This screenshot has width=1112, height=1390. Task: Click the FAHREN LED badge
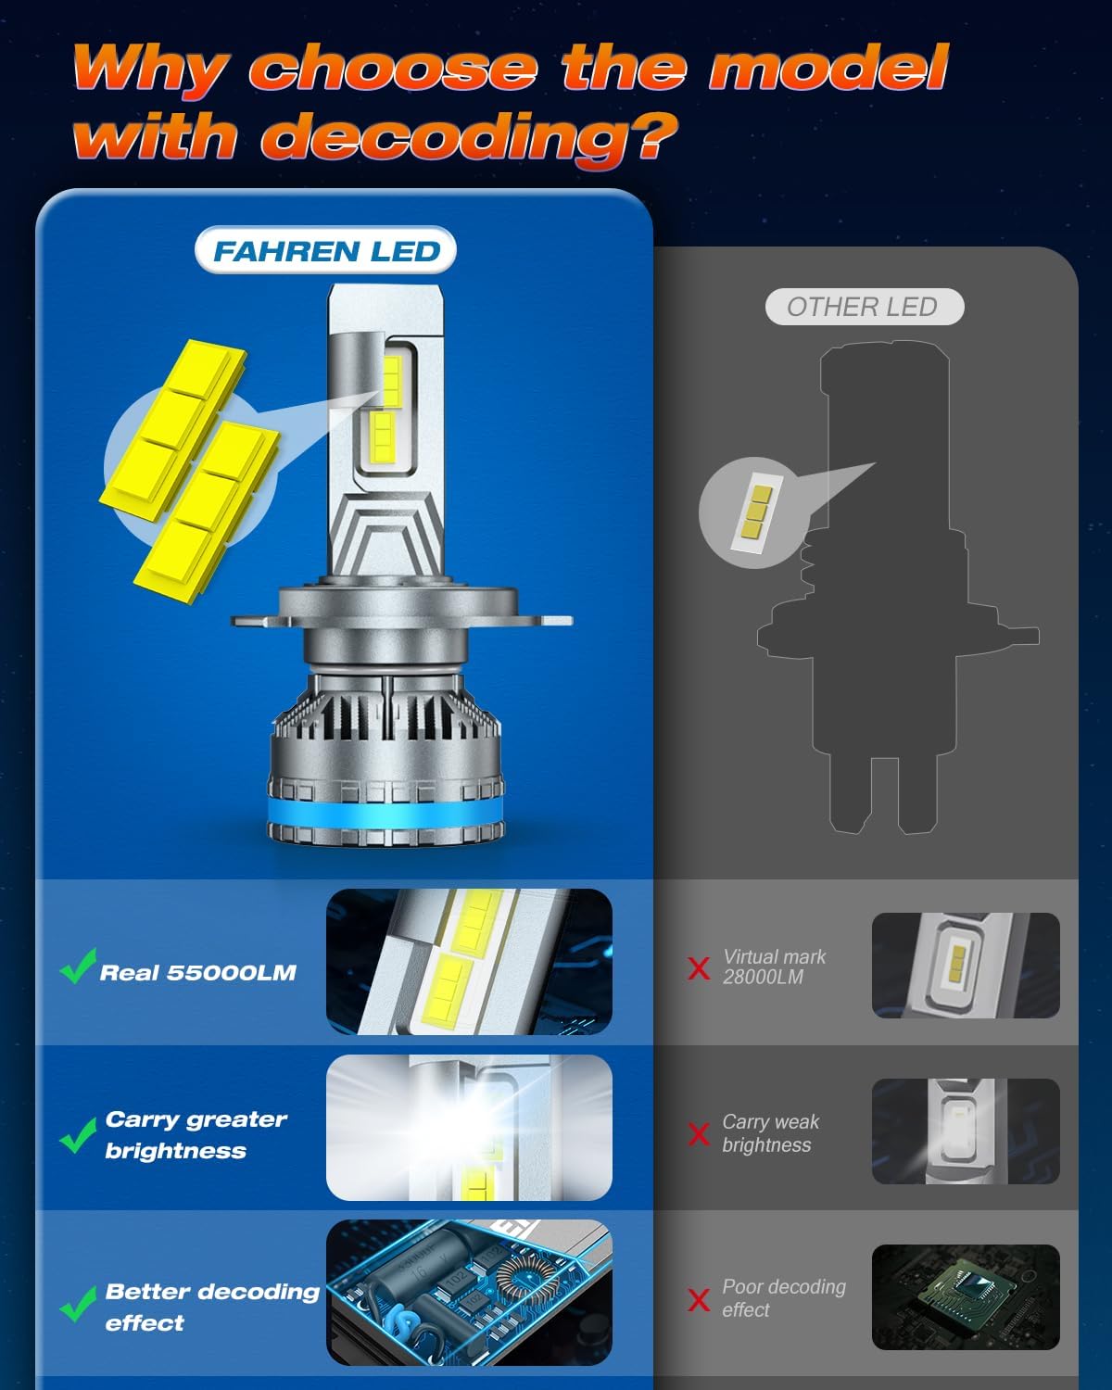326,251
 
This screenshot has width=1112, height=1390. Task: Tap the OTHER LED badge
863,307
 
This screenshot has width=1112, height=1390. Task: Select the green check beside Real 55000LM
78,967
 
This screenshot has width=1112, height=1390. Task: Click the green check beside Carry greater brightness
78,1135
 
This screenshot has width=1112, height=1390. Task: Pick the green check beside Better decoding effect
78,1303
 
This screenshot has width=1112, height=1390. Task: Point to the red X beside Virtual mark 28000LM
699,968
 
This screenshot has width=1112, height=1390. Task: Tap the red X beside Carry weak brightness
699,1133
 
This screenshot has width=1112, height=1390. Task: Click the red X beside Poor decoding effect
699,1299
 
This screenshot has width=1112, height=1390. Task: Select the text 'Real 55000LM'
198,973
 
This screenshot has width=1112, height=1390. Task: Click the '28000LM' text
763,978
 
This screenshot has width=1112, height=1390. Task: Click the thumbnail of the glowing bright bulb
469,1128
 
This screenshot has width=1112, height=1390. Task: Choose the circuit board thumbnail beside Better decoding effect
469,1292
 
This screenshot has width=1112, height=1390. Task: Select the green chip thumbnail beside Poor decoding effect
965,1296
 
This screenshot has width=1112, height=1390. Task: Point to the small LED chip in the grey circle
754,512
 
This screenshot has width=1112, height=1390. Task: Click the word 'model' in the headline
828,69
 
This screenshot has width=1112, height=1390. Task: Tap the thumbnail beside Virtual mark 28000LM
965,965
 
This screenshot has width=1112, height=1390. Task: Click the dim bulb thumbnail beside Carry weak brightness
965,1131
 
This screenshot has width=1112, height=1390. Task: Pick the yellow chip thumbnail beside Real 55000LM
469,962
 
